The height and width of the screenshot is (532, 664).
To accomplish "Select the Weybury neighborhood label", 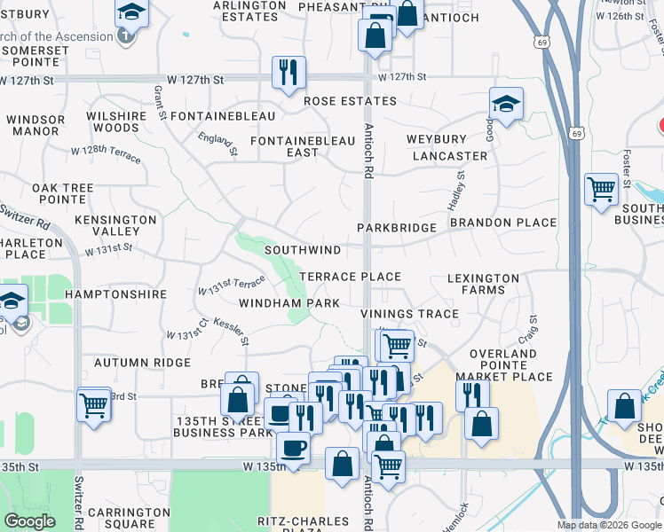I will (437, 140).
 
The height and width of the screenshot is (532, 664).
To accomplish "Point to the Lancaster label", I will (450, 156).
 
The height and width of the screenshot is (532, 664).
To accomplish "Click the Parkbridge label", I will (397, 228).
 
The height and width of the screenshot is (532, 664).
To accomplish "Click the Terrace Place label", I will (350, 277).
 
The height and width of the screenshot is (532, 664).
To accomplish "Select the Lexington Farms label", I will (483, 284).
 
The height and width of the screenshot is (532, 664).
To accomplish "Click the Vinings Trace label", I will (409, 314).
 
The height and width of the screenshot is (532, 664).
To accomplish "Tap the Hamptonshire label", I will (116, 293).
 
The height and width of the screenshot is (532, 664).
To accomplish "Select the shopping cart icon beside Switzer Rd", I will (93, 405).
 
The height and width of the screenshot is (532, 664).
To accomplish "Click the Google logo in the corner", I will (30, 521).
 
